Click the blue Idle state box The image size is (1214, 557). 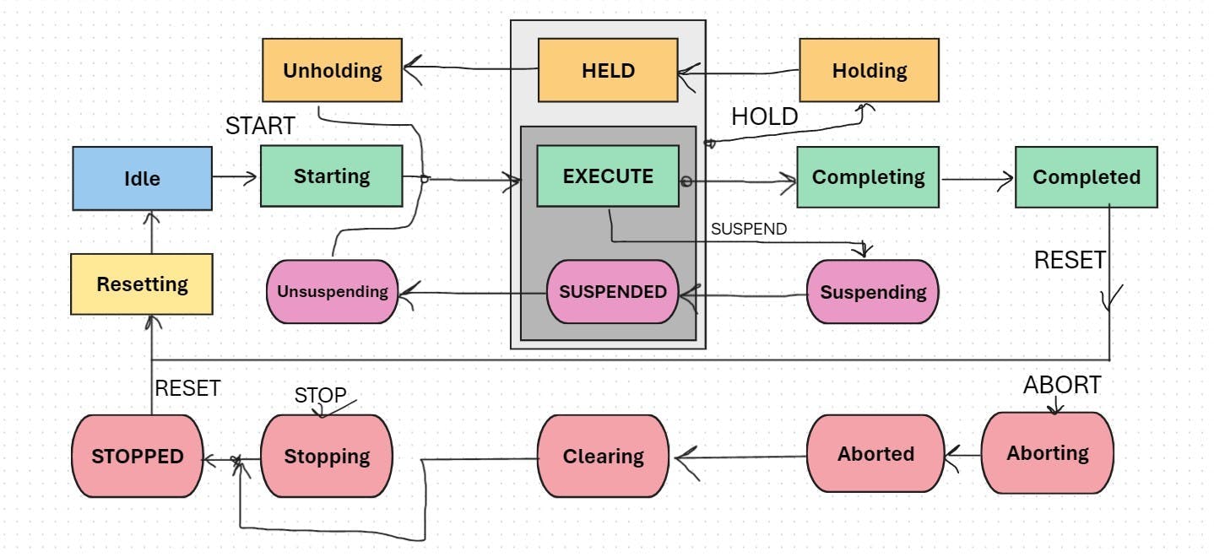pos(142,178)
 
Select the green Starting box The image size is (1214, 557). pos(331,176)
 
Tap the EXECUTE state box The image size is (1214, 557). pos(608,176)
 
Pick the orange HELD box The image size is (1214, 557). pos(608,70)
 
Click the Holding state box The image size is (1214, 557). pos(869,70)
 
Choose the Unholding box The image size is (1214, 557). pos(332,70)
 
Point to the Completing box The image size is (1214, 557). pos(868,177)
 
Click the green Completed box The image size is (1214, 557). pos(1086,177)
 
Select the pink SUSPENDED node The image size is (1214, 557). pos(613,292)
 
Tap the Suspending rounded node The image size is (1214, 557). pos(872,292)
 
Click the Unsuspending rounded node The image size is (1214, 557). pos(332,292)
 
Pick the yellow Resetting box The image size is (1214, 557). pos(142,284)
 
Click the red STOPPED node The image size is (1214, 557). pos(138,456)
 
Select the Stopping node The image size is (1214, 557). pos(327,456)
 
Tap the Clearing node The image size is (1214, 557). pos(603,456)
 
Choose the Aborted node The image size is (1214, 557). pos(875,453)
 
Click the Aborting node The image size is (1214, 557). pos(1047,452)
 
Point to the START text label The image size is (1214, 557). pos(260,127)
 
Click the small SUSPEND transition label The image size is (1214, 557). pos(748,229)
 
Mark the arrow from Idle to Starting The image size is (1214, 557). pos(236,176)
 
